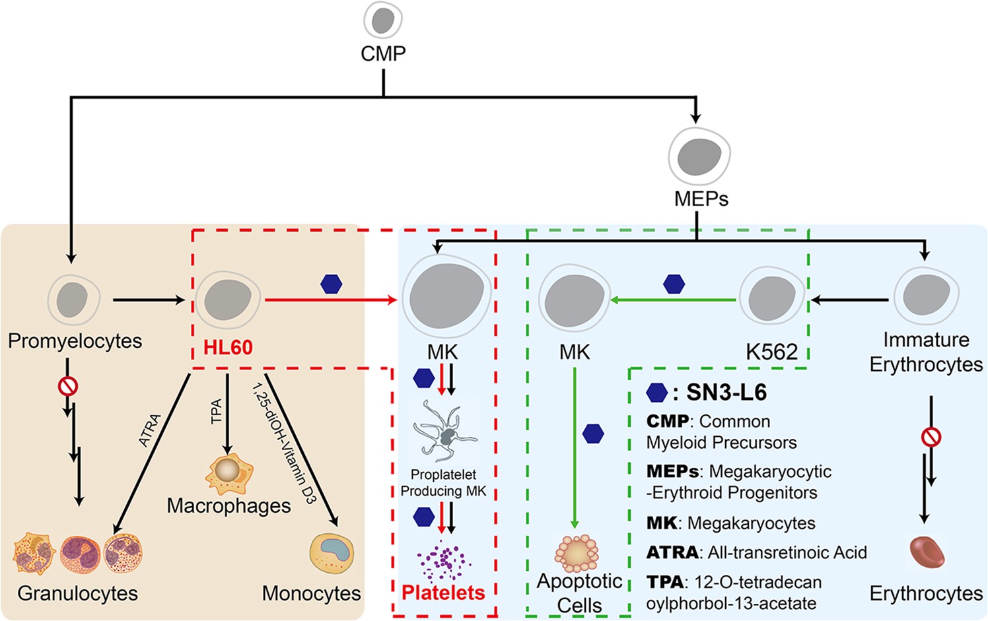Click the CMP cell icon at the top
pos(383,20)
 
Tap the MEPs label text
pos(701,199)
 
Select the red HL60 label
pos(228,348)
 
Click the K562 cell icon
pos(771,298)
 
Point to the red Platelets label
pos(443,593)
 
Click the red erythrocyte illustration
pos(927,552)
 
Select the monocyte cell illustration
pos(332,553)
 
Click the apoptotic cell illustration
pos(577,553)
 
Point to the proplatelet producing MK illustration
pos(444,433)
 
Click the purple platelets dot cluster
pos(443,562)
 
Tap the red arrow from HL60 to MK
pos(330,300)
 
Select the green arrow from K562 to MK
pos(674,300)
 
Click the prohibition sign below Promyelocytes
pos(67,385)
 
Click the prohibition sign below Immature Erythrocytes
pos(931,437)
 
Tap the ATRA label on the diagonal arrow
pos(150,430)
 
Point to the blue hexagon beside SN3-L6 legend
pos(656,393)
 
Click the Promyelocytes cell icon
pos(73,299)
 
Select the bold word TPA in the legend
pos(664,582)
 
